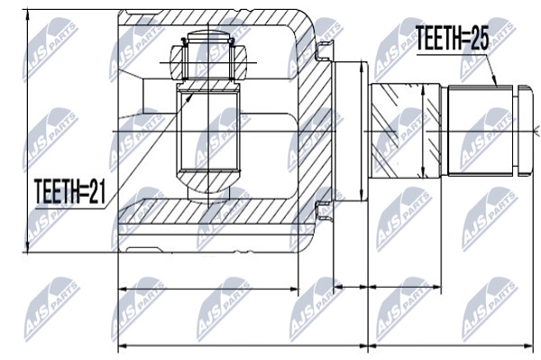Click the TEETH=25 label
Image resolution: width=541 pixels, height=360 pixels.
point(452,38)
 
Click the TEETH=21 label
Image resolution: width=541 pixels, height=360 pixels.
point(70,191)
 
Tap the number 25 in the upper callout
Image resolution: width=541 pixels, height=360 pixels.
point(480,38)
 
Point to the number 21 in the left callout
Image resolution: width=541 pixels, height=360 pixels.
point(97,191)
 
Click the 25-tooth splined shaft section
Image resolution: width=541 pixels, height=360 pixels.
point(481,131)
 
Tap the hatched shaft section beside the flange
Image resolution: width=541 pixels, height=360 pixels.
point(405,131)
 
